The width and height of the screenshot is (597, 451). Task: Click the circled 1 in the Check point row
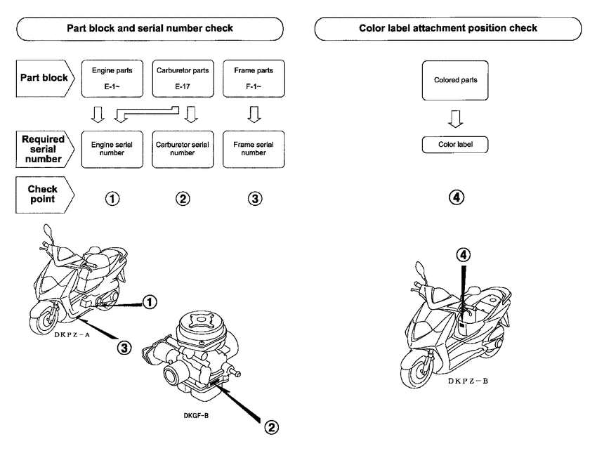coord(110,199)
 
